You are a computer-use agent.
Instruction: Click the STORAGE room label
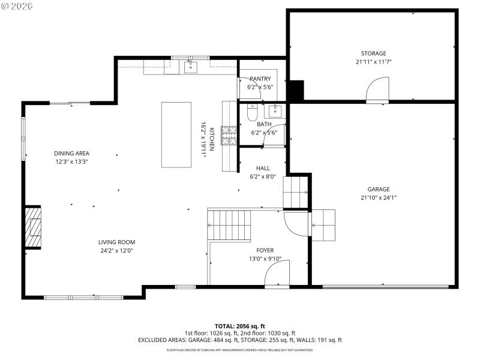[x=373, y=53]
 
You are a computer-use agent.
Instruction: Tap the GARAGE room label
[x=379, y=189]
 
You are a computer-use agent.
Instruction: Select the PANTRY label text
[x=260, y=79]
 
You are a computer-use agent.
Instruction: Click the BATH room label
[x=264, y=124]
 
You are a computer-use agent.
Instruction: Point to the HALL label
[x=263, y=169]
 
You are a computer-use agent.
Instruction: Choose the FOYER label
[x=265, y=250]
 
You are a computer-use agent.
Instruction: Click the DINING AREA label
[x=71, y=153]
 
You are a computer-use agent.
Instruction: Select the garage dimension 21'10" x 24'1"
[x=379, y=197]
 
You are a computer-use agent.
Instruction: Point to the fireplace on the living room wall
[x=34, y=227]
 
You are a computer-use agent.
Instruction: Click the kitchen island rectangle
[x=176, y=134]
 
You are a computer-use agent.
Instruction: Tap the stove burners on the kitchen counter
[x=229, y=136]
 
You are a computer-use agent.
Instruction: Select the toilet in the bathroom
[x=253, y=113]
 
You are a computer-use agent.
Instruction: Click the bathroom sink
[x=276, y=110]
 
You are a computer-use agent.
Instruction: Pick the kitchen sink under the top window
[x=190, y=66]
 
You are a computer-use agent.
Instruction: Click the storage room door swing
[x=377, y=90]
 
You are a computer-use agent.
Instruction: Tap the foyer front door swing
[x=277, y=273]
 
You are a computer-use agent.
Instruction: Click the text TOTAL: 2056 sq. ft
[x=239, y=326]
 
